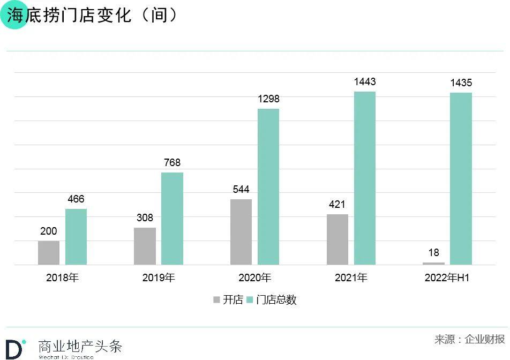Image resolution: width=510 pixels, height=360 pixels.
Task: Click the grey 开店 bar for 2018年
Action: tap(49, 252)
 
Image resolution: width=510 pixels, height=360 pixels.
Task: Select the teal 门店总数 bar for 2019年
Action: tap(172, 218)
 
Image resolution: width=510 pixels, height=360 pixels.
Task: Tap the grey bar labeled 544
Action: tap(241, 231)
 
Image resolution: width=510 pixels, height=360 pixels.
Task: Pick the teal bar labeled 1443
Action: tap(365, 178)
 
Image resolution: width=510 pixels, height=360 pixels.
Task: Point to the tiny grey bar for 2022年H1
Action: tap(433, 263)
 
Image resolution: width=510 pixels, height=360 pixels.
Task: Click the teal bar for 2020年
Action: tap(268, 186)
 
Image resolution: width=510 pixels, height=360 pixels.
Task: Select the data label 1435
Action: tap(461, 83)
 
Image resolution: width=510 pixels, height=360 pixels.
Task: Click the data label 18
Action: tap(433, 253)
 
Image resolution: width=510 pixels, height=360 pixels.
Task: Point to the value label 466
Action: tap(76, 199)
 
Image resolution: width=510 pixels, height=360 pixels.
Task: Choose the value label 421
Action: tap(337, 205)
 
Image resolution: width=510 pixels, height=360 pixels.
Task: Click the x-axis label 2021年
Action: tap(351, 278)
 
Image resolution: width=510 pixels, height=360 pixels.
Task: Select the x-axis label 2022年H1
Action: tap(447, 278)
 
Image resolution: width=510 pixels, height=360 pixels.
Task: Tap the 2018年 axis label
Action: tap(62, 278)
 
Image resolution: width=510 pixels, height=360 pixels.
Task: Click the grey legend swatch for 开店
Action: tap(217, 300)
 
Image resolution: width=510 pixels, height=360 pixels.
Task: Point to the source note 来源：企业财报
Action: tap(469, 339)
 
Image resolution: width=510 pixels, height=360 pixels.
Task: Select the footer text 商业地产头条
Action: tap(80, 346)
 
